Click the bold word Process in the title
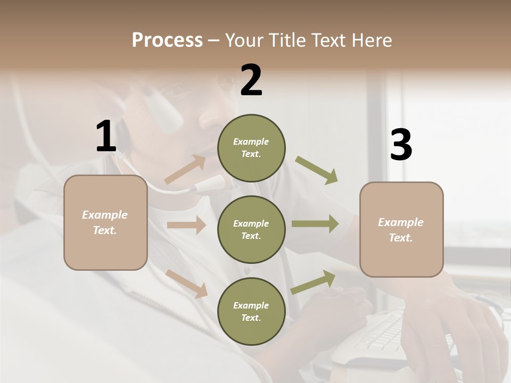click(x=167, y=40)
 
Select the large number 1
click(x=106, y=137)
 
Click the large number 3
click(x=401, y=146)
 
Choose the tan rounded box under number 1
click(x=105, y=222)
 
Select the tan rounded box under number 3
click(x=401, y=229)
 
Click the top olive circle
click(x=251, y=148)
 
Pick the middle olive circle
click(x=251, y=229)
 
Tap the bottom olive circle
click(x=251, y=311)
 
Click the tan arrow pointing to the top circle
click(x=185, y=170)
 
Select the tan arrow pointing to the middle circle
click(x=186, y=225)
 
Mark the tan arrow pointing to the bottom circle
click(x=187, y=283)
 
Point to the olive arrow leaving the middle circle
click(x=315, y=223)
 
